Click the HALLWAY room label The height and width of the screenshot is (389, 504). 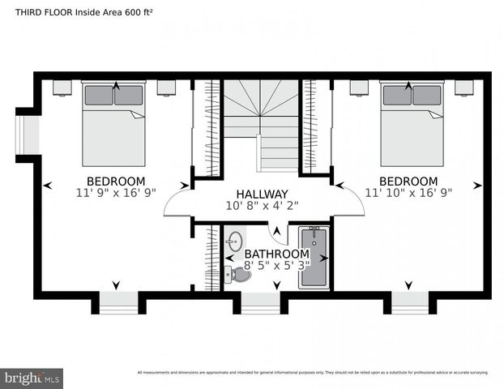coord(262,194)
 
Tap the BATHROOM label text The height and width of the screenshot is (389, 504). coord(276,254)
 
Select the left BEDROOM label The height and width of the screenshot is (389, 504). coord(116,181)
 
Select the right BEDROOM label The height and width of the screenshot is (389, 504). coord(408,181)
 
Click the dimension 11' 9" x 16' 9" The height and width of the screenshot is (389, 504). coord(116,194)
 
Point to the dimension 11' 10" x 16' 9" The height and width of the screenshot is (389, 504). coord(408,194)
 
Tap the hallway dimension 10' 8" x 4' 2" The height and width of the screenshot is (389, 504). coord(262,207)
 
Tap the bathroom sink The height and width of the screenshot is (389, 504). coord(236,242)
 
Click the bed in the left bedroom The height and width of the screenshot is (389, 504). coord(114,126)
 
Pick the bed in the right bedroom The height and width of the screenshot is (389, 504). coord(412,126)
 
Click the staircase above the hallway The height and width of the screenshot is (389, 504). coord(261,122)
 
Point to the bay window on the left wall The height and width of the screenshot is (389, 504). coord(28,135)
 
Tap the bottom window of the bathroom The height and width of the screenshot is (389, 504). coord(261,301)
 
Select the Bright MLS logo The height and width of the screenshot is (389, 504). coord(32,378)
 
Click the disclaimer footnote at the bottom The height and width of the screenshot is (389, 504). coord(313,373)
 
